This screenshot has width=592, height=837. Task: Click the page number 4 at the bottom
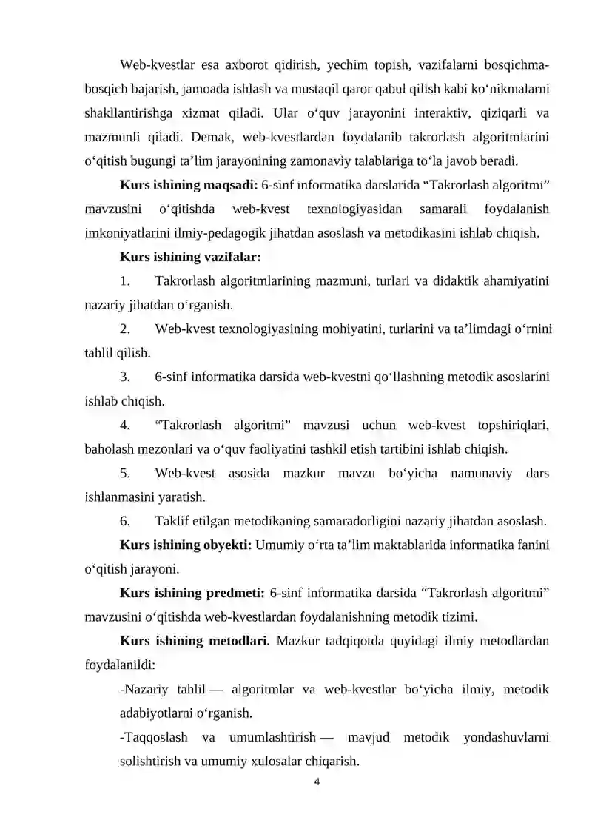tap(317, 781)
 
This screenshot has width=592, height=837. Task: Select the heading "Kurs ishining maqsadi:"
tap(188, 185)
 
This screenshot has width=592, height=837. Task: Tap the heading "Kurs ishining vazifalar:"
tap(189, 258)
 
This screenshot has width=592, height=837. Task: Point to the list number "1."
tap(125, 280)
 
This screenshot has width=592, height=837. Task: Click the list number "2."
tap(125, 329)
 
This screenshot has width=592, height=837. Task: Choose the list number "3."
tap(125, 377)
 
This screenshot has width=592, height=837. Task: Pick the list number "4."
tap(125, 425)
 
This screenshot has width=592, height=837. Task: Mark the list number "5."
tap(125, 473)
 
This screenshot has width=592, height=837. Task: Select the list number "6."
tap(125, 521)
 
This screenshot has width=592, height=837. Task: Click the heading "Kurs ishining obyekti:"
tap(186, 546)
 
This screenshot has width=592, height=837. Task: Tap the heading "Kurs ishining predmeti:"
tap(192, 594)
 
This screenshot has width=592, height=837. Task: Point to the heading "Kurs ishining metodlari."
tap(194, 642)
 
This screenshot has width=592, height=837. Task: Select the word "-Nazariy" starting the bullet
tap(144, 690)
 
